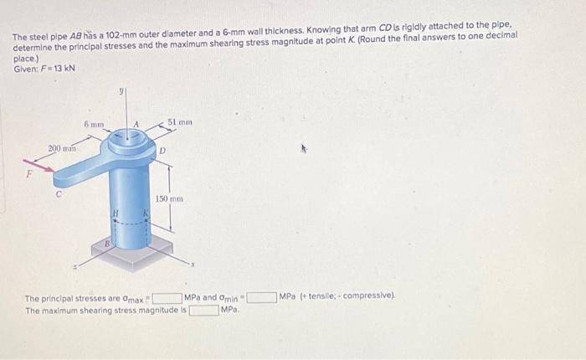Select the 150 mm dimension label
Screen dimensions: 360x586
click(x=168, y=199)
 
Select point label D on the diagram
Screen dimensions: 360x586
click(x=164, y=151)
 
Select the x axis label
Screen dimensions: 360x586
click(x=192, y=265)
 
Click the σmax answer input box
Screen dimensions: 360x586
click(x=167, y=297)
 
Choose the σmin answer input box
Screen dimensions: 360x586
click(x=260, y=297)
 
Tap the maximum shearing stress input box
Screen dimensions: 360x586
click(x=203, y=310)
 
